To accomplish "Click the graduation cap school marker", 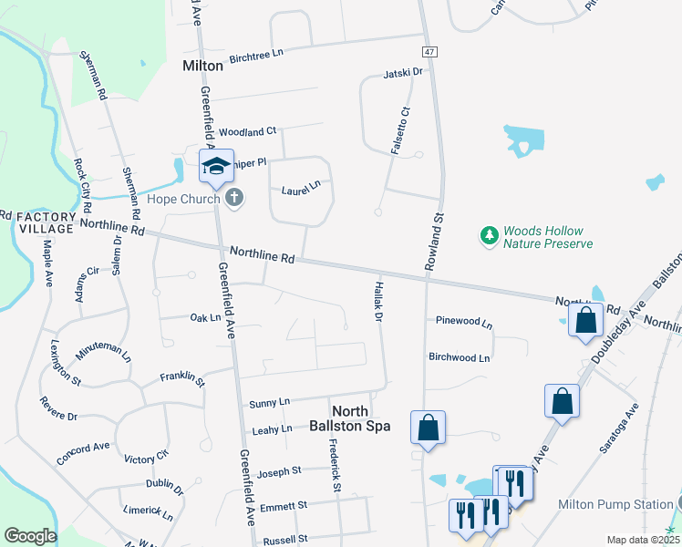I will [x=216, y=166].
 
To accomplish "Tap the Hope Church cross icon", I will [x=234, y=197].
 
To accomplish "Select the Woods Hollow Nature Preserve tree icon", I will [x=490, y=237].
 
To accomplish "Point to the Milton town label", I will [x=202, y=66].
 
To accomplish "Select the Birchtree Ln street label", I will [x=256, y=54].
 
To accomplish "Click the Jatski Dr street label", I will [x=404, y=72].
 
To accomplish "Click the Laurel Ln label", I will [x=301, y=186].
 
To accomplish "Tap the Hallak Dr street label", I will [x=378, y=301].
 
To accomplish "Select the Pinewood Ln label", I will [x=463, y=323].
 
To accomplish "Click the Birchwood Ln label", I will [x=460, y=358].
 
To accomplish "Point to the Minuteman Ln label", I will [x=103, y=355].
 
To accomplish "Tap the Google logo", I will [x=29, y=536].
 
